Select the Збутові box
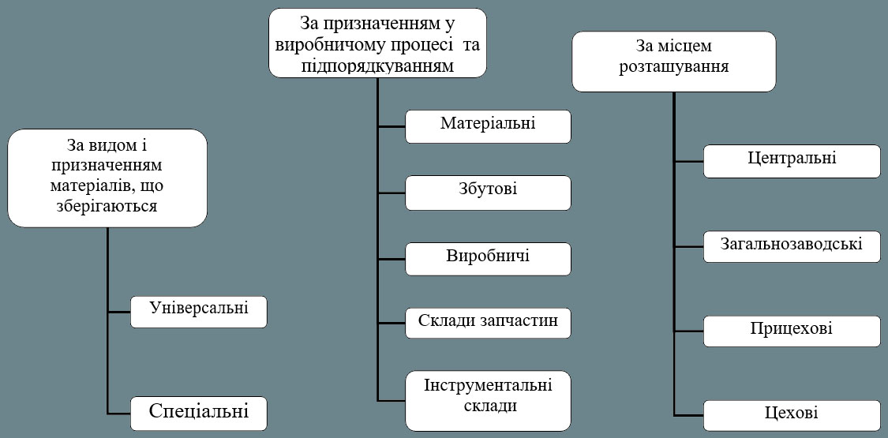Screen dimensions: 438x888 (488, 193)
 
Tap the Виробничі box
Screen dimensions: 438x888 (488, 259)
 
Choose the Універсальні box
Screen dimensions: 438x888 (199, 311)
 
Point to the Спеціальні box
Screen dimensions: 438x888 (199, 413)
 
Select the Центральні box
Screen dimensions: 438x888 (792, 161)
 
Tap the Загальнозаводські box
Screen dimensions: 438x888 (792, 246)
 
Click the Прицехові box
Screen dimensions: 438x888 (792, 331)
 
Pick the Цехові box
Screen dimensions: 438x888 (792, 415)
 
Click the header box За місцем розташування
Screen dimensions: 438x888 (673, 61)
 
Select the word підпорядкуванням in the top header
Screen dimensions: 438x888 (377, 66)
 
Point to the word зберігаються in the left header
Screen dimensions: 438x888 (107, 206)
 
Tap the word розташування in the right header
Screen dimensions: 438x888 (673, 66)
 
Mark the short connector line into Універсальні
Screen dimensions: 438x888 (118, 312)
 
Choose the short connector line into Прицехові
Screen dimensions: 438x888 (689, 331)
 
